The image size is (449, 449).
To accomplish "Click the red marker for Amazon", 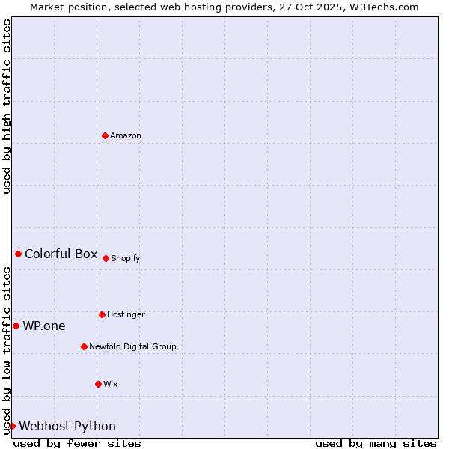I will [105, 135].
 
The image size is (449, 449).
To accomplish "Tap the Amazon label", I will [126, 135].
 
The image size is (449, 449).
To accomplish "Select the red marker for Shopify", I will [106, 258].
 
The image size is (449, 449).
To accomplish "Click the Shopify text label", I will [125, 258].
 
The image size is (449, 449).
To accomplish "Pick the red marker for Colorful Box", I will [18, 254].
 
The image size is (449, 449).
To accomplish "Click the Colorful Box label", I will [61, 254].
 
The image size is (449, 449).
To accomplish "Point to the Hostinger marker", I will [102, 314].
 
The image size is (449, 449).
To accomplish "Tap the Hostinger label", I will [126, 314].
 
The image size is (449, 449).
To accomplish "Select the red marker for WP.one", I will [16, 326].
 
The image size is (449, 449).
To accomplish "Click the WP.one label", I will [43, 326].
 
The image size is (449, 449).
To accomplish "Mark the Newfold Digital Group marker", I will [84, 346].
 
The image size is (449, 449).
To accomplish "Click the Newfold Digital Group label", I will [132, 346].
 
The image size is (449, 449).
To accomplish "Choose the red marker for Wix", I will [98, 384].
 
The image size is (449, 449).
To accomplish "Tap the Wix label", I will [111, 384].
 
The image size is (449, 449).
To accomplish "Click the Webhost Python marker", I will [12, 426].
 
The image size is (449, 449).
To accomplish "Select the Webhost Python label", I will [67, 426].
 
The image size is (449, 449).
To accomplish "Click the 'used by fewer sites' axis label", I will [77, 443].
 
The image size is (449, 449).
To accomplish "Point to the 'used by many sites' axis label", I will [376, 443].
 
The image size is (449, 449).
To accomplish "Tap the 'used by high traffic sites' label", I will [7, 106].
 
